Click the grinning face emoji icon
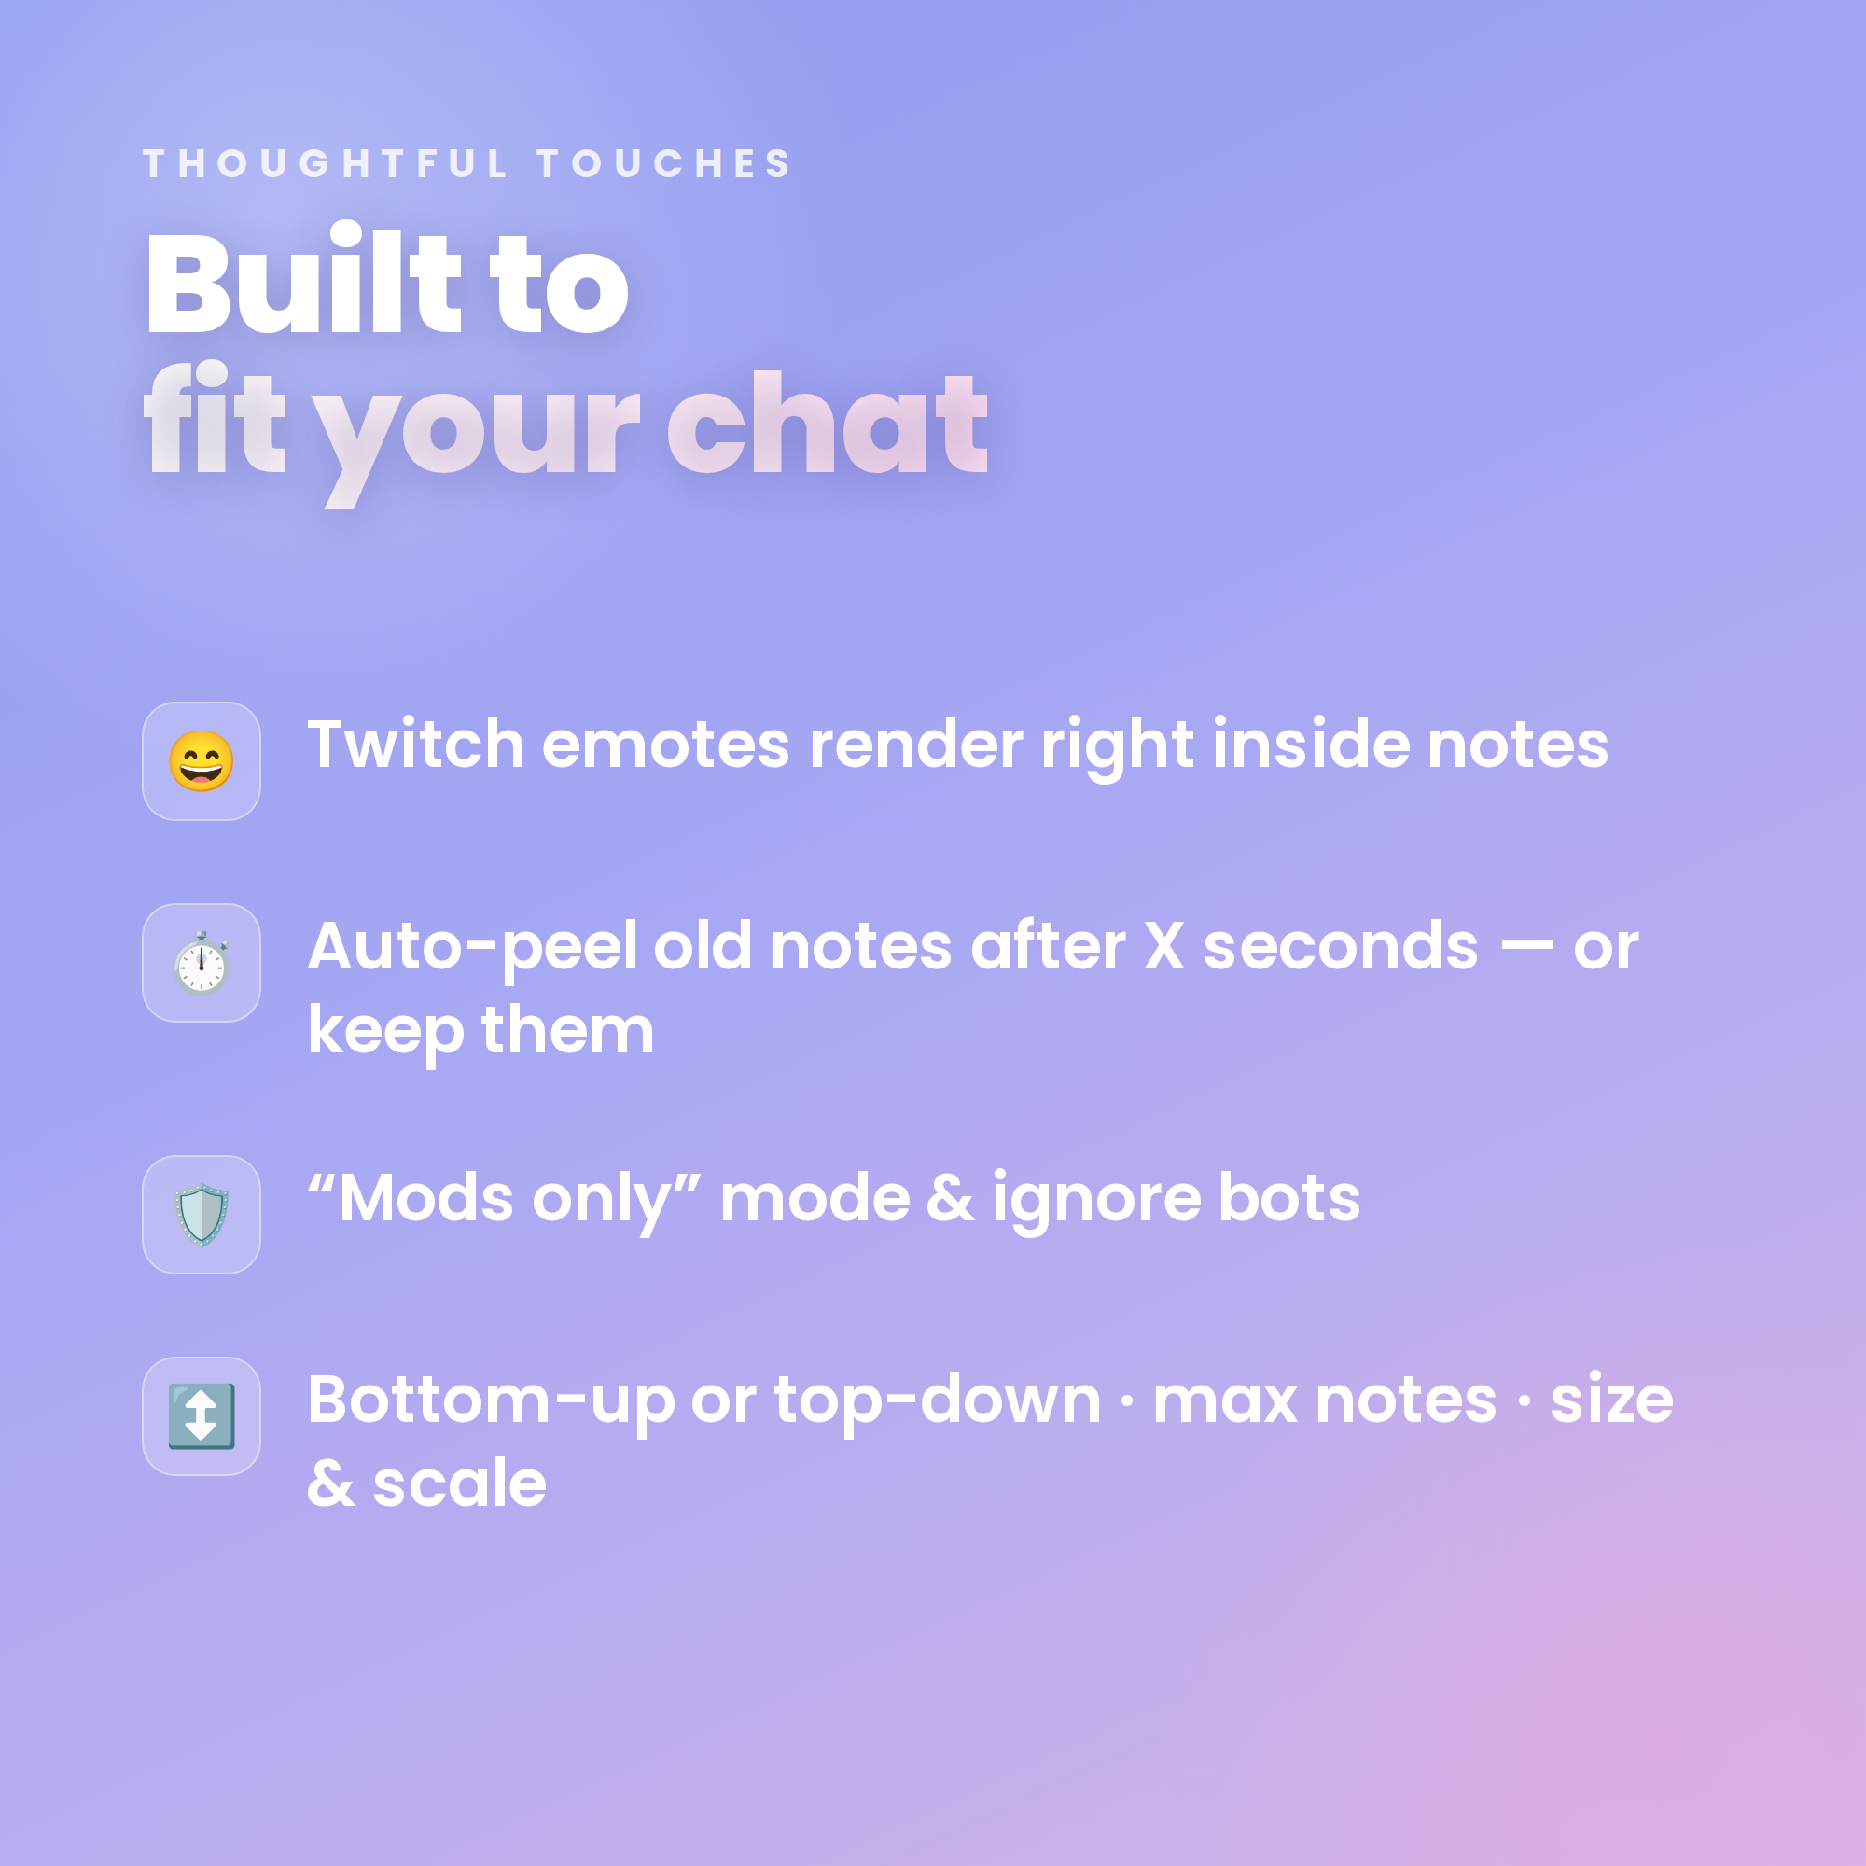coord(201,761)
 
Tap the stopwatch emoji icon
coord(201,963)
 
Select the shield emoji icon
coord(201,1214)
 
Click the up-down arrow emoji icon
coord(201,1416)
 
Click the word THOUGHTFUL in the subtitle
coord(325,163)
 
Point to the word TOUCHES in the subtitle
coord(664,163)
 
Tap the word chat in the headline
coord(828,422)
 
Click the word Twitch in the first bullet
coord(415,745)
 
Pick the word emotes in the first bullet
coord(665,746)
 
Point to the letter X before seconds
coord(1163,946)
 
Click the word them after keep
coord(567,1030)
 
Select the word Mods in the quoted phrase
coord(426,1198)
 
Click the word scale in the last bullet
coord(460,1483)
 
